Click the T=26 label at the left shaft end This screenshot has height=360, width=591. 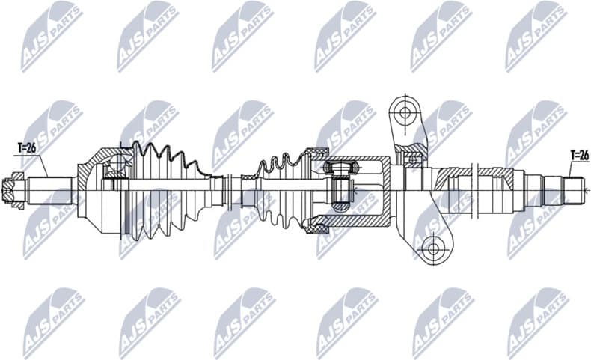[x=26, y=147]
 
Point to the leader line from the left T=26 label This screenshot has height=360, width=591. [x=41, y=165]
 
